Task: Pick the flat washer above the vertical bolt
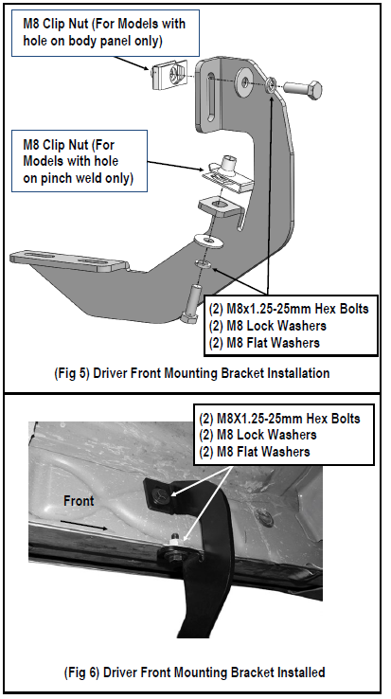coord(204,241)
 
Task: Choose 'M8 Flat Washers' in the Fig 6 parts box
coord(258,451)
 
